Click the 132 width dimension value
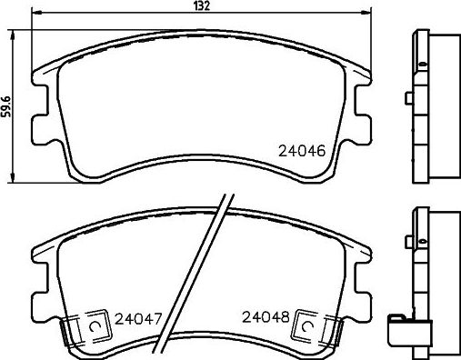[x=203, y=7]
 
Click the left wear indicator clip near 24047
[x=94, y=325]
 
